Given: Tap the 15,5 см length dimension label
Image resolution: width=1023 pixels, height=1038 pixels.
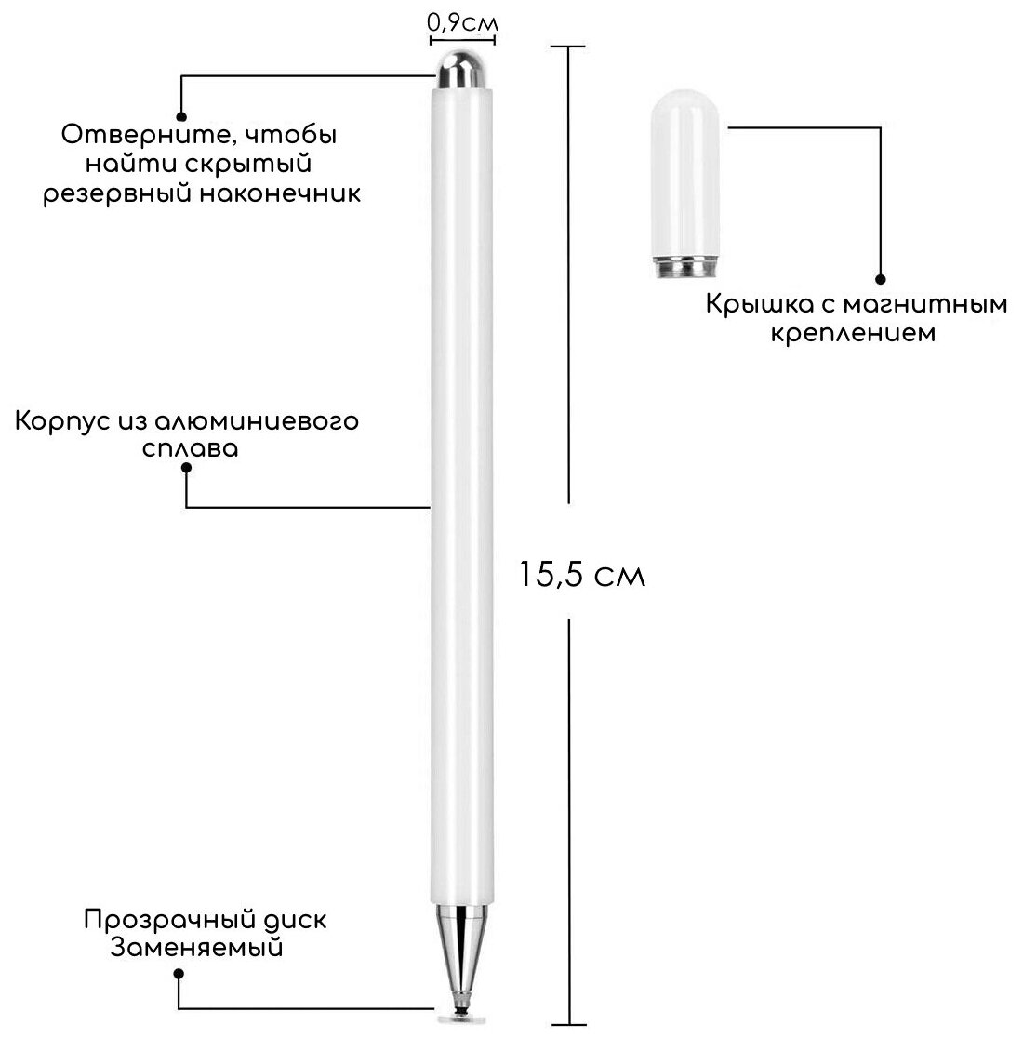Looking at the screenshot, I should click(x=582, y=575).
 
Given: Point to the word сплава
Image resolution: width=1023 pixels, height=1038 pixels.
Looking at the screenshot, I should click(x=191, y=448).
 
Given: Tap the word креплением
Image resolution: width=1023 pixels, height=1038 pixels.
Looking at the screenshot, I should click(x=853, y=332).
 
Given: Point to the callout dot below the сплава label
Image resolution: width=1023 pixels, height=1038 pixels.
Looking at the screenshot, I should click(x=187, y=471).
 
